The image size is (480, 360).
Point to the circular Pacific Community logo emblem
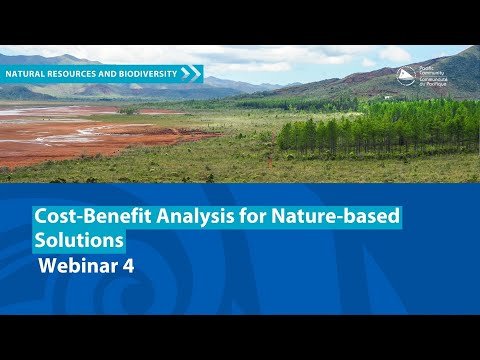(407, 75)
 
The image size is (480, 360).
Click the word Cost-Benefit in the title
(83, 215)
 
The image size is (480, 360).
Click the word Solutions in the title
(80, 241)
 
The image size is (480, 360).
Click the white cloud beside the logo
(390, 54)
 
